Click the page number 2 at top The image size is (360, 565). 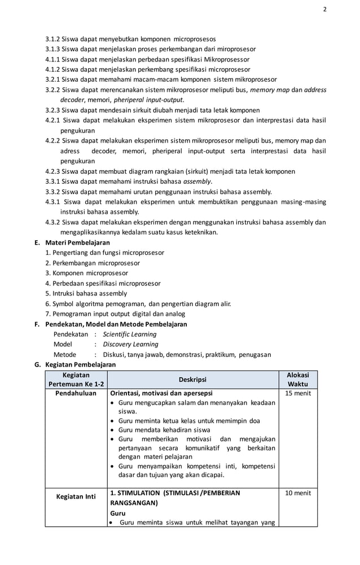click(324, 10)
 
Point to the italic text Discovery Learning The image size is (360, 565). click(130, 345)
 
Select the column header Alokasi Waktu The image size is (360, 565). click(297, 379)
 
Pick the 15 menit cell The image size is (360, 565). click(297, 394)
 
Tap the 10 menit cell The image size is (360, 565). click(297, 493)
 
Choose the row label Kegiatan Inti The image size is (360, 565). click(76, 497)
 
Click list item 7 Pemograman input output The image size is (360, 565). click(115, 314)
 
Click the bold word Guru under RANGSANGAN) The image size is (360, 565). click(118, 514)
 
